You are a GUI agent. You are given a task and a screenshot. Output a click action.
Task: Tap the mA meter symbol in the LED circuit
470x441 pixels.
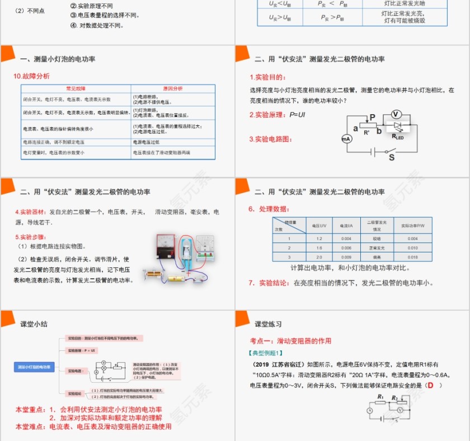coord(346,138)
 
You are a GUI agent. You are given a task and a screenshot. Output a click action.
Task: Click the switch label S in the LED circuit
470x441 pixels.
coord(392,158)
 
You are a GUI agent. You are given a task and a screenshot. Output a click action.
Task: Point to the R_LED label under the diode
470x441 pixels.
coord(398,136)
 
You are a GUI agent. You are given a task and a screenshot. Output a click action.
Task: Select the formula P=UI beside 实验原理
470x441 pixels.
coord(297,114)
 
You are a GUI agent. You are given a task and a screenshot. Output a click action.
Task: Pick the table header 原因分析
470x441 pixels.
coord(173,88)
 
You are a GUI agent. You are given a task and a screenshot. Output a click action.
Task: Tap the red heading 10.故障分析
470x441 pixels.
coord(32,76)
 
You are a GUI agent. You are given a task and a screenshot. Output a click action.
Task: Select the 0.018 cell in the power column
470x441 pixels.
coord(412,257)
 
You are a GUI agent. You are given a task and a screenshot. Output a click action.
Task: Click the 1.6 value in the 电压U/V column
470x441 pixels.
coord(319,247)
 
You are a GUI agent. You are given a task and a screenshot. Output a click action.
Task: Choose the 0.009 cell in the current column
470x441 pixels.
coord(346,257)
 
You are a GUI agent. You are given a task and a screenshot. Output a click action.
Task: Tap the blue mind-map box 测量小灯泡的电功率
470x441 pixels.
coord(34,367)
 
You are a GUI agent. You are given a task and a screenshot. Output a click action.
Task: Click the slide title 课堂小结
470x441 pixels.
coord(34,324)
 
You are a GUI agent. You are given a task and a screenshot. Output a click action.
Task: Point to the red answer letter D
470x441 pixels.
coord(430,386)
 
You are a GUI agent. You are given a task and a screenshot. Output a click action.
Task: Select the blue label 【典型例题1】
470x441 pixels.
coord(266,353)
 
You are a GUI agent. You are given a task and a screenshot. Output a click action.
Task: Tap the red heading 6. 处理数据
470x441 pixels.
coord(270,209)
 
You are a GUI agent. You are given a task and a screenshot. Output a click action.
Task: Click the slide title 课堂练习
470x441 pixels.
coord(268,324)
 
